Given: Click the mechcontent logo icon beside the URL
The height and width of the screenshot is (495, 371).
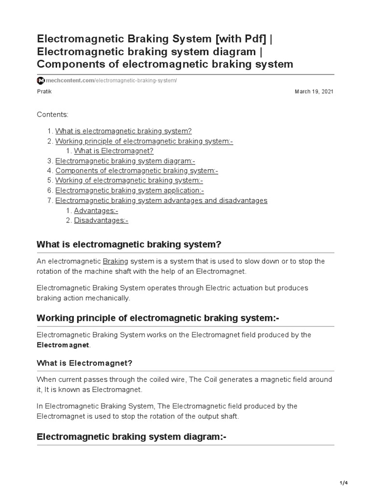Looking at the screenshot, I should (41, 80).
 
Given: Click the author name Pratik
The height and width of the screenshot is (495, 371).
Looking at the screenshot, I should (44, 91).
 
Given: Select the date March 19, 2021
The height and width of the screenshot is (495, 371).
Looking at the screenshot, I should (314, 91).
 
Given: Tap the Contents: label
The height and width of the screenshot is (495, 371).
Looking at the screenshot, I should (53, 115).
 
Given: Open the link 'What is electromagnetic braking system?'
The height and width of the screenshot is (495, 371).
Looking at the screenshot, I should (123, 131).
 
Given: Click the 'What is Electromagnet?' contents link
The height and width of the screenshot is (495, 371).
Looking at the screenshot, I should (113, 151).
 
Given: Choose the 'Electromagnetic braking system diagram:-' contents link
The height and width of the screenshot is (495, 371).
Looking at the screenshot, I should (125, 161).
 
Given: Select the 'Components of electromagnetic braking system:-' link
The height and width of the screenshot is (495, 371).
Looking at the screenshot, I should (137, 171).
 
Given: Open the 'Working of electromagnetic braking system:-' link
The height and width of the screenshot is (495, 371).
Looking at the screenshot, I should (129, 181).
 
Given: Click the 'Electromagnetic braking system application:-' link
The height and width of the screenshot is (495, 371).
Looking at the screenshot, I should (129, 190).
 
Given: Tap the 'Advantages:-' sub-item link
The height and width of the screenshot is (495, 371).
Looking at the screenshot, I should (96, 211).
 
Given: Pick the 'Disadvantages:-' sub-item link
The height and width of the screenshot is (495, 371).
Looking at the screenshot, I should (101, 220).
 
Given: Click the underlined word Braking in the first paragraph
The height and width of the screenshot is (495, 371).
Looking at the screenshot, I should (115, 261).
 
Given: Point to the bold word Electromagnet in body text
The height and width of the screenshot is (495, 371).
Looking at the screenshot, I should (63, 345).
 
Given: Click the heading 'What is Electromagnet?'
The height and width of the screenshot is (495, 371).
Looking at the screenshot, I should (84, 363).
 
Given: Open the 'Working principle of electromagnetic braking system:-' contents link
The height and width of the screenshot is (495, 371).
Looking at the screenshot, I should (144, 141).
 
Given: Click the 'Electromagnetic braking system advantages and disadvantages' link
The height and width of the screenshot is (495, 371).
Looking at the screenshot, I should (161, 201).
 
